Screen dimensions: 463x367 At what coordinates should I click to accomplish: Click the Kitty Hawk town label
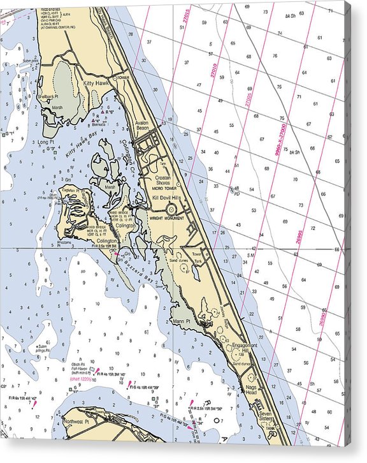click(x=95, y=84)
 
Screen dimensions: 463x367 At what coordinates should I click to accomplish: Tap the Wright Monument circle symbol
click(x=171, y=209)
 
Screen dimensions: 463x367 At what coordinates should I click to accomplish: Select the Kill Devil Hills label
click(x=167, y=199)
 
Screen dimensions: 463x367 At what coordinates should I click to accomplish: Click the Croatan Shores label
click(x=164, y=180)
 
